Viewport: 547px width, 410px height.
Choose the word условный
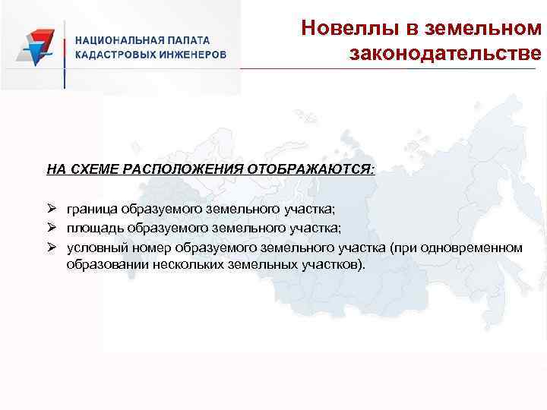point(96,248)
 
